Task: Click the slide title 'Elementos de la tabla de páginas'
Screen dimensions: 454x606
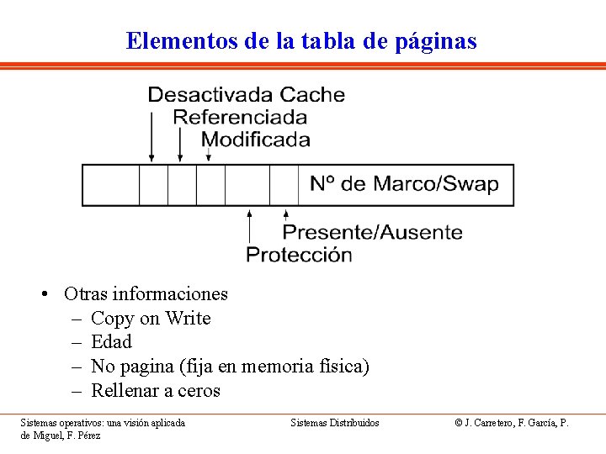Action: [301, 40]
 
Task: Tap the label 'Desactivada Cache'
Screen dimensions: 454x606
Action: [246, 94]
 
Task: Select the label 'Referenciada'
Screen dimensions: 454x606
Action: [240, 117]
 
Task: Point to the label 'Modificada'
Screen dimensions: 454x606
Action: [256, 140]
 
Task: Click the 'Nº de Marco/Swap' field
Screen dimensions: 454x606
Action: [404, 184]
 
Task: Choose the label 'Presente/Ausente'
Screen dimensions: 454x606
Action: [372, 232]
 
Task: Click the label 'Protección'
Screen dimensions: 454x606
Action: [299, 254]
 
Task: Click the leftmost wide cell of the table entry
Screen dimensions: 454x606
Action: [110, 185]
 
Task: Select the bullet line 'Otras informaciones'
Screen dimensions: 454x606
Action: [146, 293]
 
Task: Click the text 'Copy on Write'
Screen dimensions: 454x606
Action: [151, 318]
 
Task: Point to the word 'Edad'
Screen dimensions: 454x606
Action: [111, 341]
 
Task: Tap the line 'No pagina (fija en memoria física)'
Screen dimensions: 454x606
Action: [230, 366]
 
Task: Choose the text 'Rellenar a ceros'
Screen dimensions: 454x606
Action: [155, 390]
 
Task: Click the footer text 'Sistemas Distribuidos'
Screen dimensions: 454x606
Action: [335, 422]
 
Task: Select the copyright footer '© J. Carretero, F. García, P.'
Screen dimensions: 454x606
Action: [512, 422]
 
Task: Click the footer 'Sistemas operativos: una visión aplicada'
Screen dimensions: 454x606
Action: [103, 422]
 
